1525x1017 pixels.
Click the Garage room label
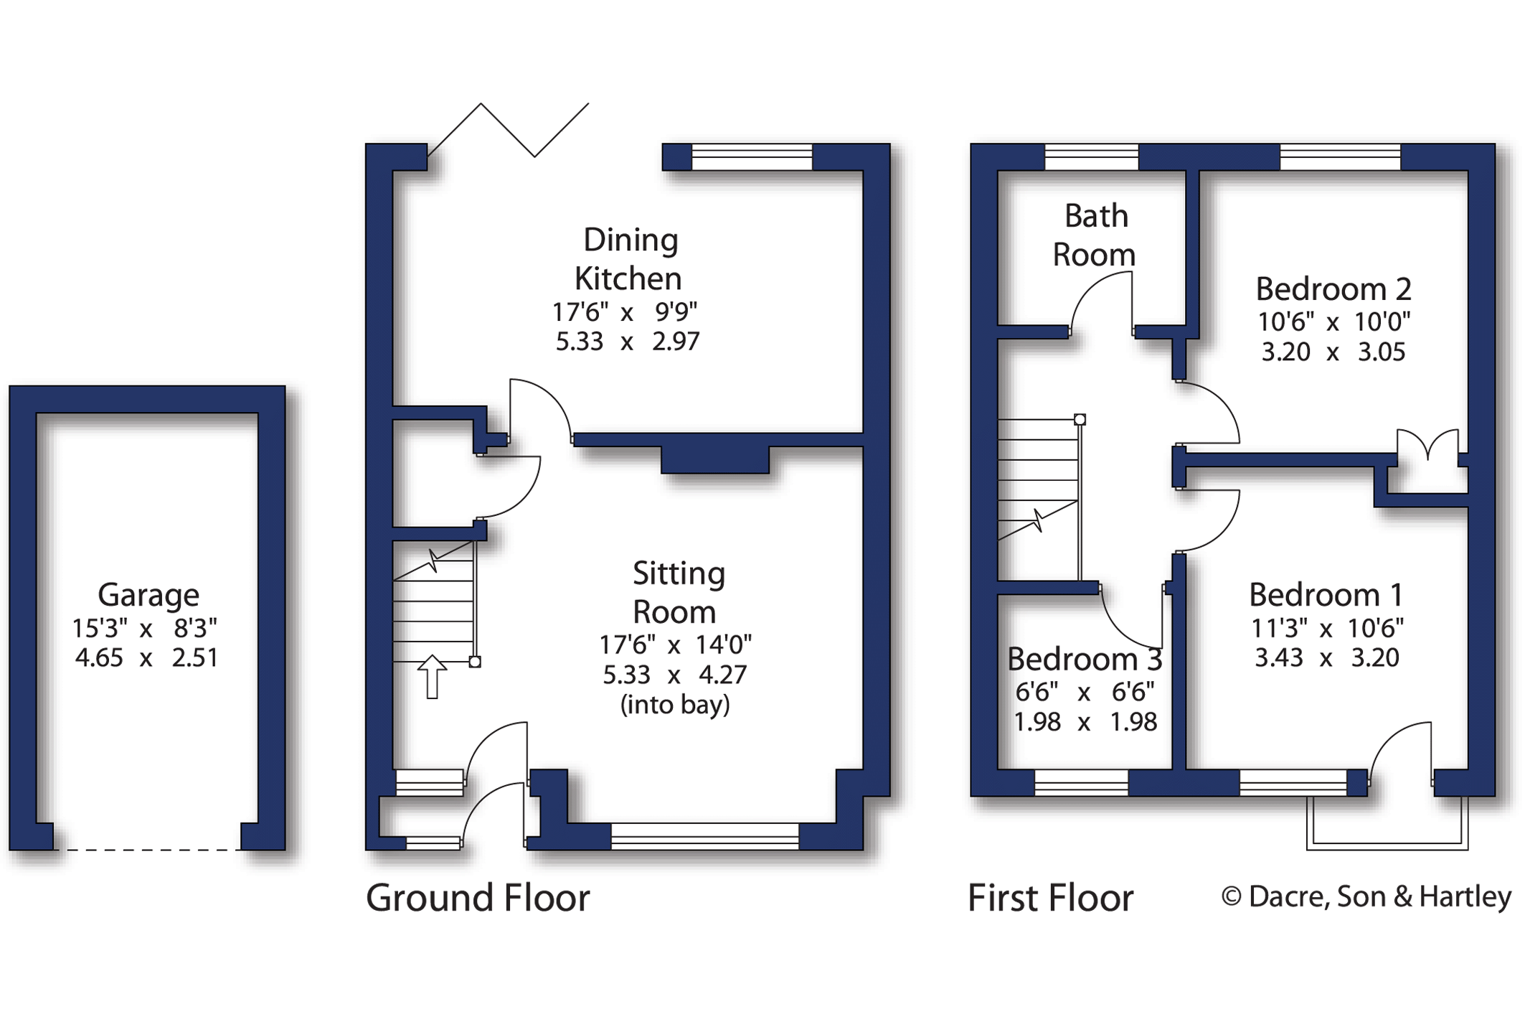[x=148, y=595]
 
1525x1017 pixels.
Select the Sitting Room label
[x=678, y=593]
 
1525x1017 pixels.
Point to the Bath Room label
[x=1095, y=235]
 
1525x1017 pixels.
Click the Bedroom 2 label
[x=1333, y=289]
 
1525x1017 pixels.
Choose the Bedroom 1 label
[x=1326, y=595]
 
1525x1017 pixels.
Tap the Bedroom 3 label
[x=1085, y=659]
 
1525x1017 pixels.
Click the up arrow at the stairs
[x=432, y=676]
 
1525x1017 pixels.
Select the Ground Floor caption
[x=478, y=898]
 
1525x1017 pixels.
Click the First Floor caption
[x=1051, y=898]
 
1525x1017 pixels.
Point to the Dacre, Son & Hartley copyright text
[x=1366, y=896]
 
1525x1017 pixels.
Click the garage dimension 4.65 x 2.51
[x=146, y=657]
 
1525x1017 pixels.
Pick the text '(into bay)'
[x=675, y=705]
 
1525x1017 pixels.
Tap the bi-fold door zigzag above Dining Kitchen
[x=509, y=130]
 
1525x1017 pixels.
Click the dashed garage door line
[x=147, y=850]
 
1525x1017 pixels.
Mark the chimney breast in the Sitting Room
[x=714, y=459]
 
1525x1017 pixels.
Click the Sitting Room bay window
[x=705, y=836]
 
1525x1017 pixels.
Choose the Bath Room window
[x=1092, y=157]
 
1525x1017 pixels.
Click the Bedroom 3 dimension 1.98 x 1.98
[x=1085, y=722]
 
